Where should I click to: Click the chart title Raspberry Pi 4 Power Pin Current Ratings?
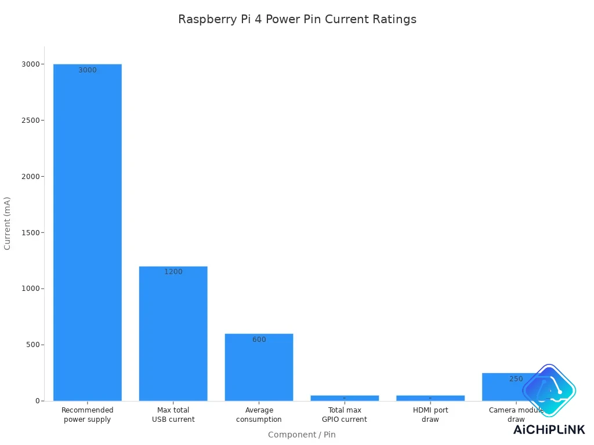(x=297, y=19)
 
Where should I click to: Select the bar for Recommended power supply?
(x=88, y=232)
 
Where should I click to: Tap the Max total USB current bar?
(x=173, y=333)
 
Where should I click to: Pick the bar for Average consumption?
(x=259, y=367)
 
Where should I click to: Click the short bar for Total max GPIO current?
(x=345, y=398)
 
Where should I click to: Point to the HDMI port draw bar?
(x=430, y=398)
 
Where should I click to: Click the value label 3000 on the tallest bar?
(x=88, y=70)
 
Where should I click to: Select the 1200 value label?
(x=173, y=272)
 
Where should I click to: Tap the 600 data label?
(x=259, y=340)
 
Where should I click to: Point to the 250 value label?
(x=516, y=379)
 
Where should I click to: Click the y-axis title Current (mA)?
(x=8, y=223)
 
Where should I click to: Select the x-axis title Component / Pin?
(x=302, y=435)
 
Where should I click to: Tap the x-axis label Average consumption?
(x=259, y=415)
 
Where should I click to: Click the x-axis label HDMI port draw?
(x=430, y=415)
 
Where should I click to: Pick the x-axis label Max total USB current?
(x=173, y=415)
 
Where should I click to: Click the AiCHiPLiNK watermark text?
(x=549, y=429)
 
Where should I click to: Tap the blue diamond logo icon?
(x=549, y=390)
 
